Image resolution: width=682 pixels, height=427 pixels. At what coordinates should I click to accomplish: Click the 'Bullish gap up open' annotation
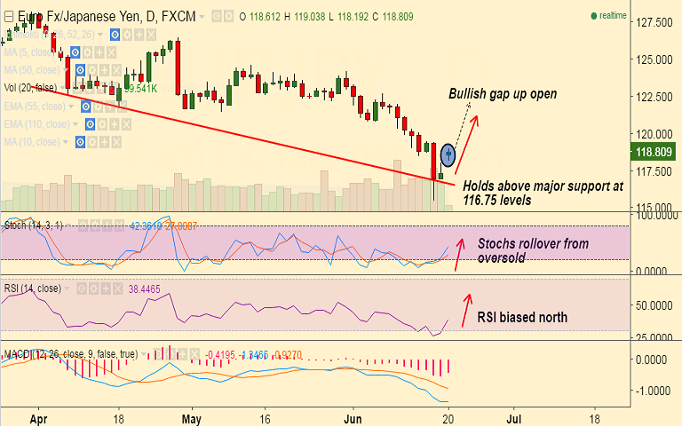coord(502,93)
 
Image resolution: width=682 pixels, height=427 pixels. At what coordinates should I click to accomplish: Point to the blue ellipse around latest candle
coord(448,154)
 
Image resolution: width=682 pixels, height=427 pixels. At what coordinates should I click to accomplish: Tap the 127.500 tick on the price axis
coord(652,21)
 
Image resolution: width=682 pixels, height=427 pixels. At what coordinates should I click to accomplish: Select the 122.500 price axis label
coord(652,97)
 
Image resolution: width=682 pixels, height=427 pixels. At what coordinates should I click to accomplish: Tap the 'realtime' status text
coord(612,16)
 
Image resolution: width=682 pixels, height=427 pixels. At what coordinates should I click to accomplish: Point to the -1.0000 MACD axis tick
coord(652,391)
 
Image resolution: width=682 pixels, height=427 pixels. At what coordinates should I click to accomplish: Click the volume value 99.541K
coord(140,89)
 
